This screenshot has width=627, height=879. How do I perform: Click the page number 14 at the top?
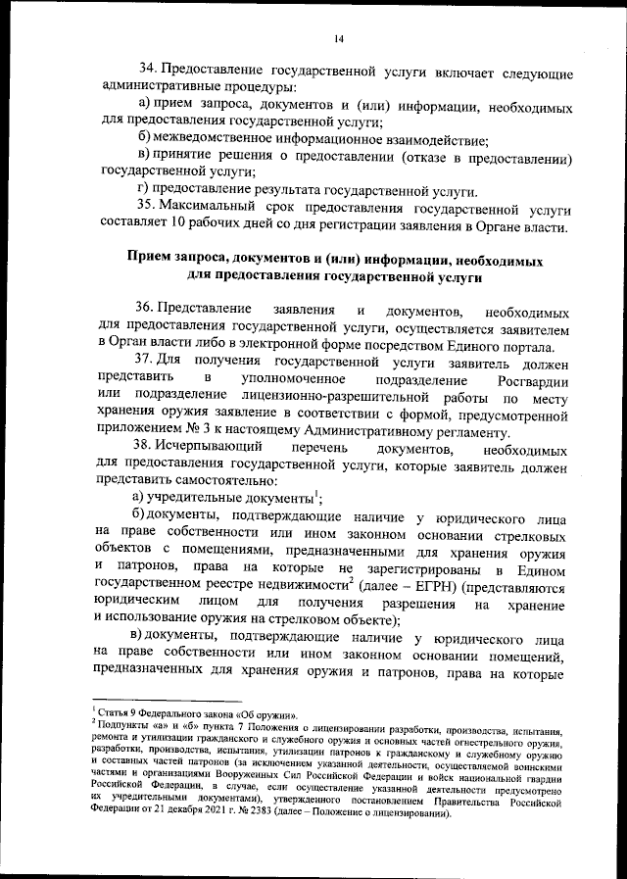pos(337,38)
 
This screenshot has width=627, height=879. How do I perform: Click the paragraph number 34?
pos(148,72)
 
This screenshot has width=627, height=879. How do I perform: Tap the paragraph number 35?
pos(148,208)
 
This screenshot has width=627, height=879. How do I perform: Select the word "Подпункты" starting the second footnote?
pos(120,725)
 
